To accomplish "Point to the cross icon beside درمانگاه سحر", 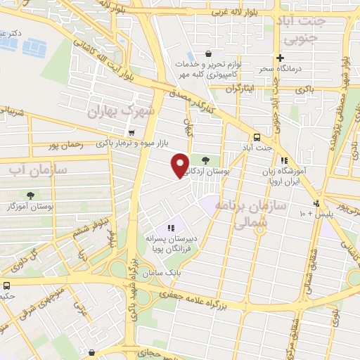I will point(281,58).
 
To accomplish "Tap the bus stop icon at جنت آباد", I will point(256,137).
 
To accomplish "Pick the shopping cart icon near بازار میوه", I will point(131,132).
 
